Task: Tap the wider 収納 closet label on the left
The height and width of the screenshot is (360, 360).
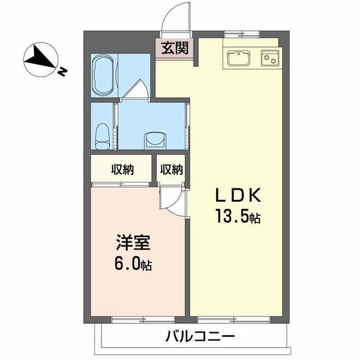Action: click(x=122, y=170)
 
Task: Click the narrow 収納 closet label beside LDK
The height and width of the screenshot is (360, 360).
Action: click(x=172, y=170)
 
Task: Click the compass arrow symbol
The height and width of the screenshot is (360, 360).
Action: click(x=40, y=60)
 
